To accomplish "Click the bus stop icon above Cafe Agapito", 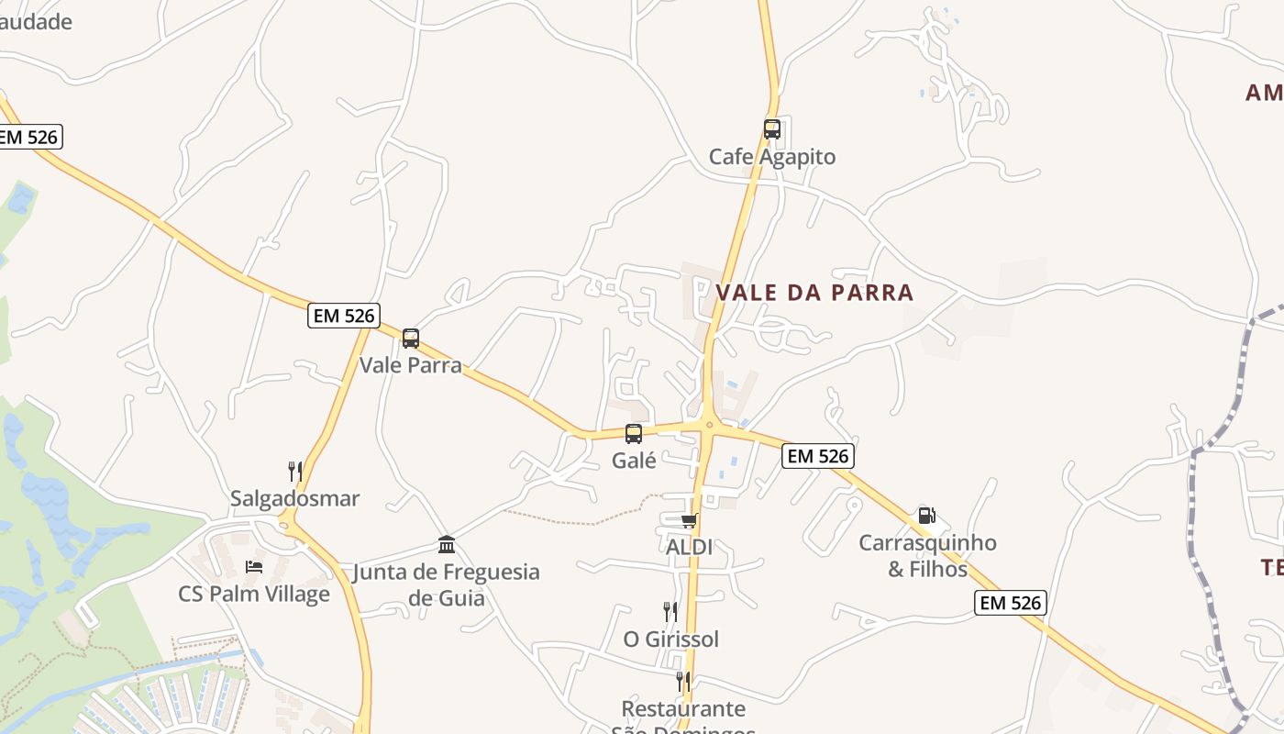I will (772, 128).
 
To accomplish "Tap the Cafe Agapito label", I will (772, 157).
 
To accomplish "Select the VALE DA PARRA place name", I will (814, 293).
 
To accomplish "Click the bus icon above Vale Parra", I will (411, 338).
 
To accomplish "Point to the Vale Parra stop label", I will (411, 365).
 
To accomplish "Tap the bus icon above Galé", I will (634, 433).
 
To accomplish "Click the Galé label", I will (634, 461).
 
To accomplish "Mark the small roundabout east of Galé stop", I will (709, 424).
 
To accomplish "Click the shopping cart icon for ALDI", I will (688, 520).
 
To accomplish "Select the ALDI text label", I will (689, 547).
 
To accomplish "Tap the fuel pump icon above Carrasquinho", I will (927, 516).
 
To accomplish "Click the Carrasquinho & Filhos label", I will (927, 556).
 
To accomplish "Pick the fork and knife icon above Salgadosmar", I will (295, 472).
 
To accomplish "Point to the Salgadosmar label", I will (294, 499).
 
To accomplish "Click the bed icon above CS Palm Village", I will (254, 567).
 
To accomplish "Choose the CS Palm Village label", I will (254, 594).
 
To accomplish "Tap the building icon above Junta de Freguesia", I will (447, 545).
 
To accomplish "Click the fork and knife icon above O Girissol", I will (670, 611).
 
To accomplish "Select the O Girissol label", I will (670, 639).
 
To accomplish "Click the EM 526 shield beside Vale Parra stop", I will (344, 316).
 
